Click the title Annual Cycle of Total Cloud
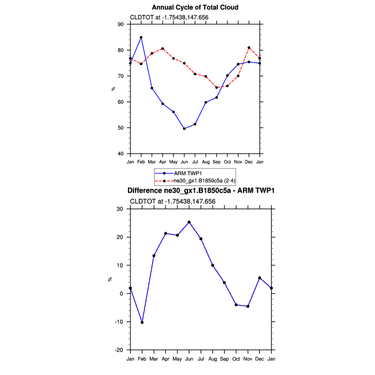[195, 7]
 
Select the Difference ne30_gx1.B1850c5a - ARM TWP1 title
[201, 191]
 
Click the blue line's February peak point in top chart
[141, 38]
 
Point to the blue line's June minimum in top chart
[184, 128]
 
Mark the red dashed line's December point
[249, 48]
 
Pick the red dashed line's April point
[163, 49]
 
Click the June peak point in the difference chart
[189, 222]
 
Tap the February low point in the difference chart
[142, 323]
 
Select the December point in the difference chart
[260, 278]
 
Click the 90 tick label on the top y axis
[120, 24]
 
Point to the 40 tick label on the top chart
[120, 154]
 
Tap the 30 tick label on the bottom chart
[119, 209]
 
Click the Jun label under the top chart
[184, 162]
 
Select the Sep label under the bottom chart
[224, 359]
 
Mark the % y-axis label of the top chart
[113, 89]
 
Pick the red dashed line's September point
[217, 87]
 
